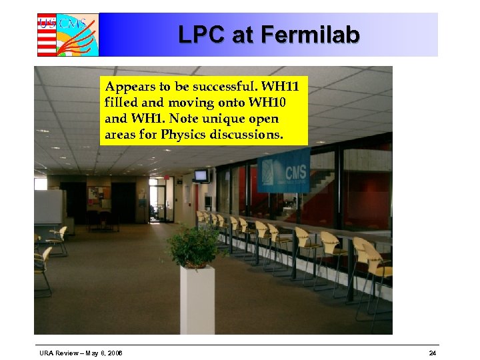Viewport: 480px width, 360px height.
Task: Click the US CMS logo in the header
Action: coord(67,35)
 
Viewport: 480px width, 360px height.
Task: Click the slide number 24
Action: coord(433,353)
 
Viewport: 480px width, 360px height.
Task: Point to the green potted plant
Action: coord(194,245)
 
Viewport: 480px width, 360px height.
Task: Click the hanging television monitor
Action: coord(201,175)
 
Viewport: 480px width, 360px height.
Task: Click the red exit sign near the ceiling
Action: coord(168,179)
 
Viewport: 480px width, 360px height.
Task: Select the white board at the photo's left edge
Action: coord(49,206)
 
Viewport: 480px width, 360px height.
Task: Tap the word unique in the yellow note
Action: coord(216,119)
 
